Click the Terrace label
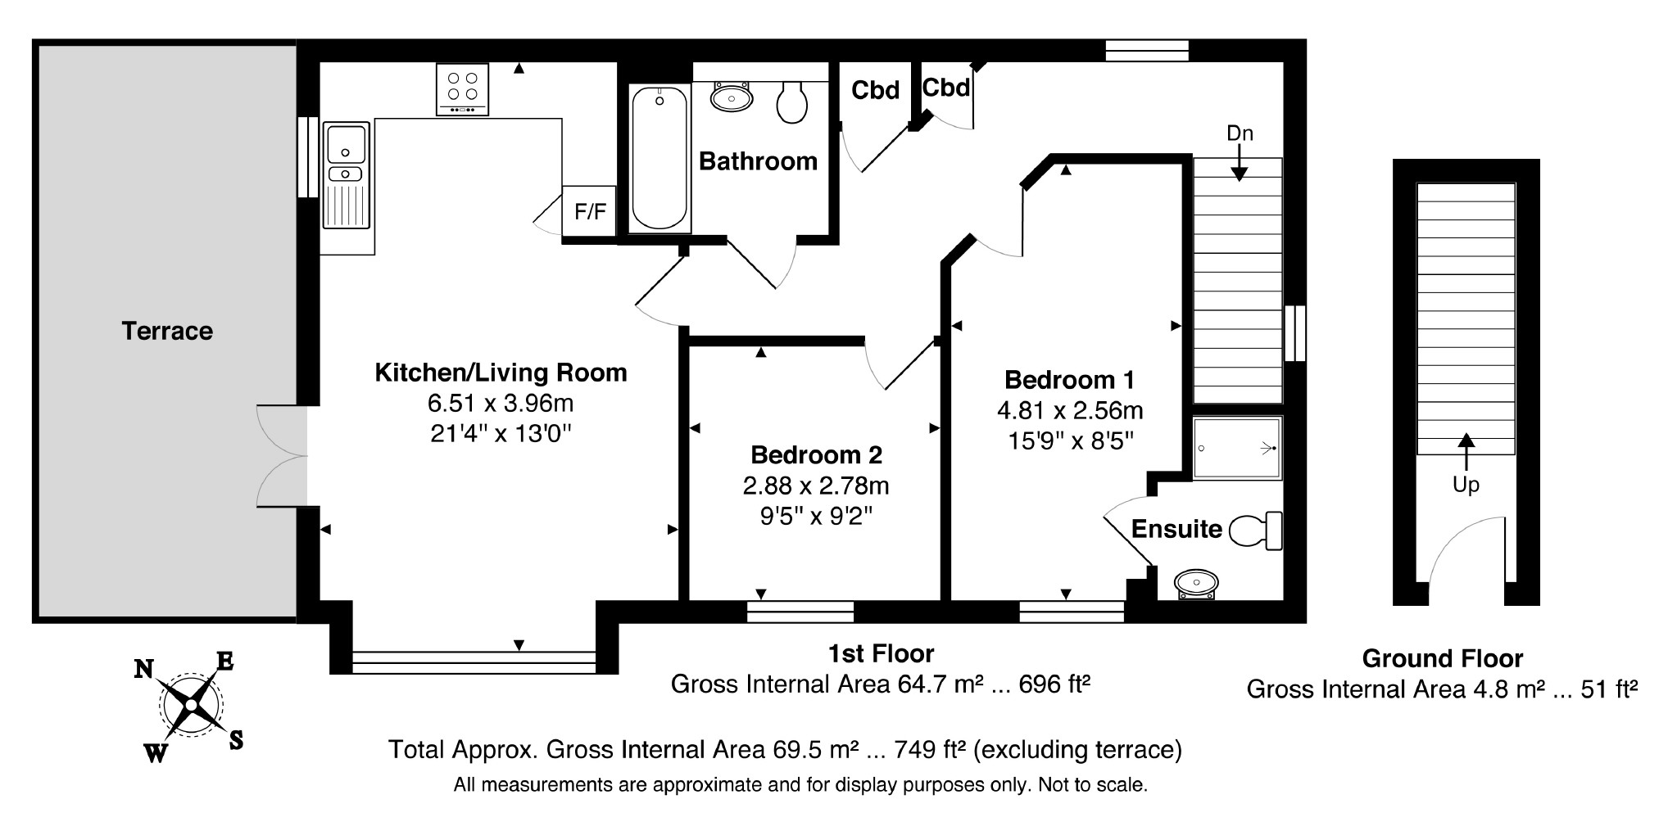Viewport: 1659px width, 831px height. point(167,331)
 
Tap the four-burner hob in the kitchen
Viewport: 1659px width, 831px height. point(462,89)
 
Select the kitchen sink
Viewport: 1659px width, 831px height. point(347,175)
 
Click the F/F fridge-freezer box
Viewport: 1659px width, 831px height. point(589,212)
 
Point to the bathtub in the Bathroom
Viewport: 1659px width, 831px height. point(660,158)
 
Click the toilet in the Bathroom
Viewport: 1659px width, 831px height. point(791,102)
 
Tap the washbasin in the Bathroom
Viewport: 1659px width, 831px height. point(731,97)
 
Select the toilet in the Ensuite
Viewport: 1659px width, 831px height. point(1255,531)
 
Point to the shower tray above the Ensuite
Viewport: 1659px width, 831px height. point(1236,448)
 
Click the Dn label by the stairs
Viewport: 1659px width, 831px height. point(1240,133)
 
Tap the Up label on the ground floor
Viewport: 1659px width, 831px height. point(1466,485)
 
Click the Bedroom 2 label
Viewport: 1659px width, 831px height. point(816,454)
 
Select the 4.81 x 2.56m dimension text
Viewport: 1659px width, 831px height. point(1069,410)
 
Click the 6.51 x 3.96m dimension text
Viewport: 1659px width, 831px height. point(501,403)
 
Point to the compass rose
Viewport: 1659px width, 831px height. point(191,704)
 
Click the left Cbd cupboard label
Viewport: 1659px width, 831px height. point(875,90)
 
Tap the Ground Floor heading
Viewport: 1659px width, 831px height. point(1442,658)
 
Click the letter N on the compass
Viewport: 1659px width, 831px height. point(144,670)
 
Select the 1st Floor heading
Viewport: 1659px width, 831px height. point(881,653)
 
